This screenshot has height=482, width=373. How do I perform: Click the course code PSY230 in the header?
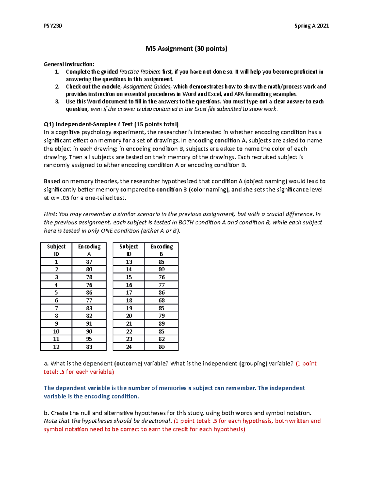click(53, 26)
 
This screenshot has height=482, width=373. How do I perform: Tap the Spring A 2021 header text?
click(311, 26)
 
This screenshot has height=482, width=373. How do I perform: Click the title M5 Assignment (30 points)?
click(186, 49)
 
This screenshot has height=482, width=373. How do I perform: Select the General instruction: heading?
click(69, 64)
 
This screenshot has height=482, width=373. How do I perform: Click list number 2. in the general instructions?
click(57, 87)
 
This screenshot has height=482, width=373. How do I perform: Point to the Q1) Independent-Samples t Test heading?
click(111, 124)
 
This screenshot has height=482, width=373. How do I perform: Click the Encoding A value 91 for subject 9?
click(89, 323)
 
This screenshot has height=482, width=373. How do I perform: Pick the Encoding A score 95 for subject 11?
click(89, 339)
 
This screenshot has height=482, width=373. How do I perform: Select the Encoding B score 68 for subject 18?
click(161, 300)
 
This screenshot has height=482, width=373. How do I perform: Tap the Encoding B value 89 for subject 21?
click(161, 323)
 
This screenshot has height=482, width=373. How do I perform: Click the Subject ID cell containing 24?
click(129, 347)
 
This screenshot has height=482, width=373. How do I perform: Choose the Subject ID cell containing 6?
click(56, 300)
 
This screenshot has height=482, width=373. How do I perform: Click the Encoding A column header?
click(89, 250)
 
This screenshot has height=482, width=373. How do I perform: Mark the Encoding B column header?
click(161, 250)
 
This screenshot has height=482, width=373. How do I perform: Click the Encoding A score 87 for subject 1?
click(89, 262)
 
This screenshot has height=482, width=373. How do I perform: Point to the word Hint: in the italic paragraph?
click(50, 214)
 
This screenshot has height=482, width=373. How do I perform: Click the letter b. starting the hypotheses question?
click(46, 413)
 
